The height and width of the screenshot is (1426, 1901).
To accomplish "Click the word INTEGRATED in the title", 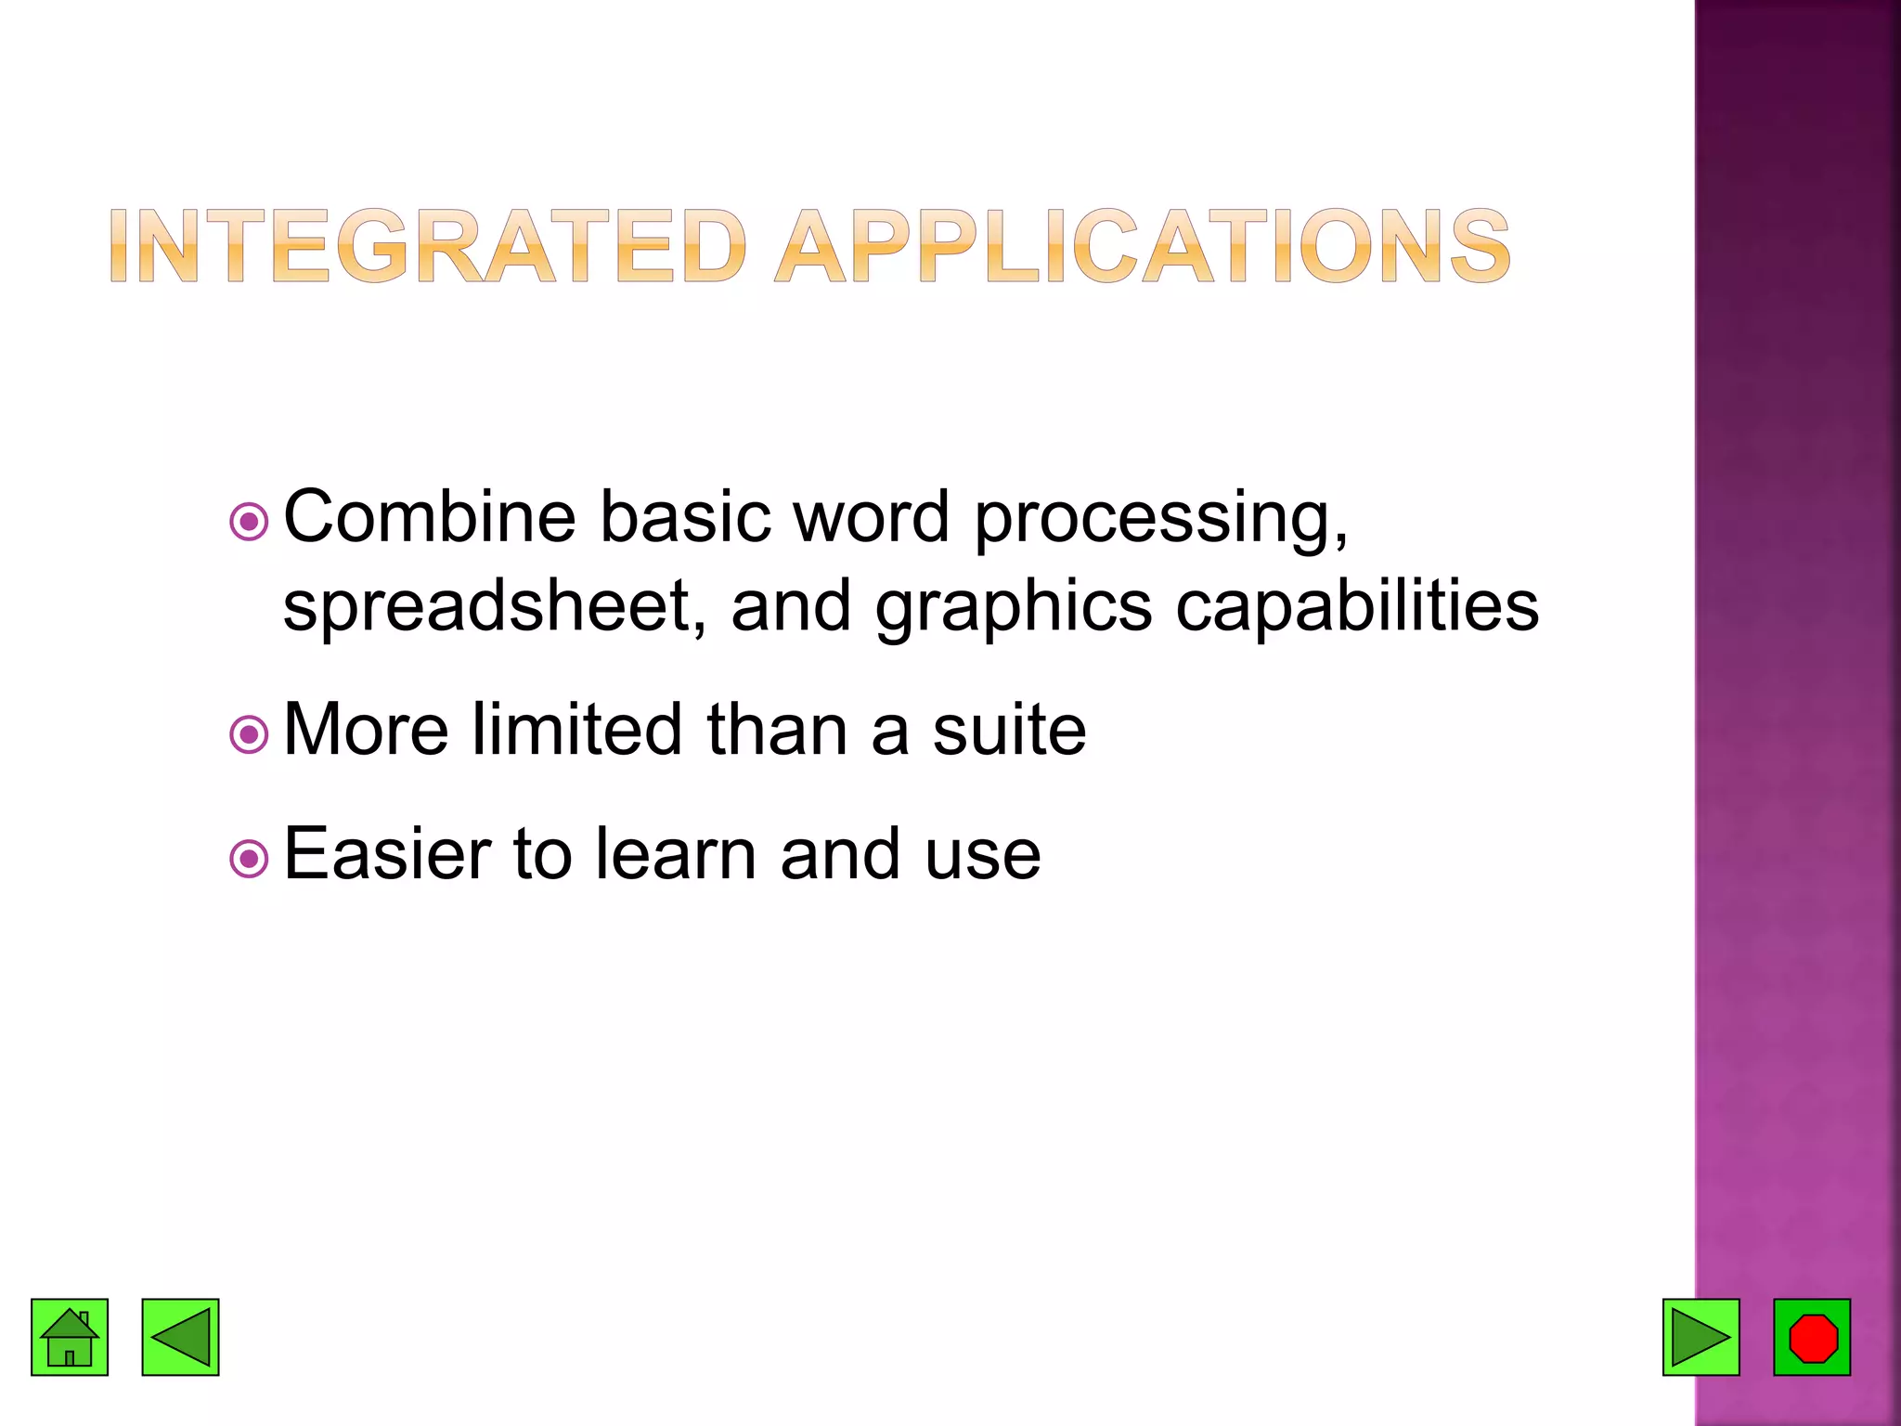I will [x=427, y=246].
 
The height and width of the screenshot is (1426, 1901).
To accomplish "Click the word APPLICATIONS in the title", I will [x=1144, y=246].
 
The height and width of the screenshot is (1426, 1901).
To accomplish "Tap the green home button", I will [x=70, y=1337].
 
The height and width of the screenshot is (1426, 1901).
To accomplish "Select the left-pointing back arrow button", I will [x=180, y=1337].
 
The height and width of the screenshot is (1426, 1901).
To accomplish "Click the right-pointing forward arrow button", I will [x=1701, y=1337].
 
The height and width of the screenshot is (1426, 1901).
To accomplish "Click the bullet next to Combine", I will [x=249, y=522].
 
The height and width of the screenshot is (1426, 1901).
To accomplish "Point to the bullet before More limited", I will [x=249, y=735].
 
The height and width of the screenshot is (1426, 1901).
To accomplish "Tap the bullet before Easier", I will [x=249, y=859].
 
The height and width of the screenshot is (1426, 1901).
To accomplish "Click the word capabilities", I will [x=1357, y=605].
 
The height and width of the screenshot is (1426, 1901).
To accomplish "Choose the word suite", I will [x=1009, y=730].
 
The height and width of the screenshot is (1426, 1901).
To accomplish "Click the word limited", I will [x=576, y=730].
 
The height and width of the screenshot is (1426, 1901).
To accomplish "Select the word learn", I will [x=676, y=854].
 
